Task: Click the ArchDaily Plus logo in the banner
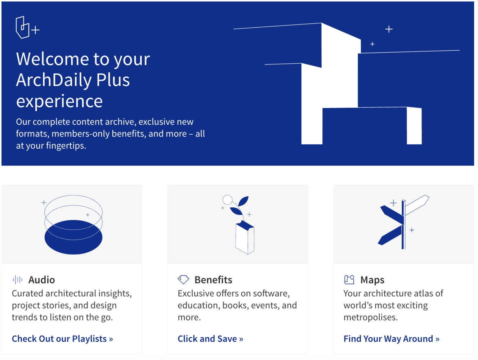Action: pos(27,27)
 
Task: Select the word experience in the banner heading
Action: pos(59,101)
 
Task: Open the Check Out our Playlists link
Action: pos(62,339)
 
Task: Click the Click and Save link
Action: pos(210,339)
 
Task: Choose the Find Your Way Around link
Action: pos(391,339)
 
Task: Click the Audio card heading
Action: pos(42,280)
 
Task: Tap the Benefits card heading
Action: pos(213,280)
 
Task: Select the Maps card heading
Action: pos(372,280)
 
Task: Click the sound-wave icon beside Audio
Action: pos(17,280)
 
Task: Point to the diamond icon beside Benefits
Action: pos(183,279)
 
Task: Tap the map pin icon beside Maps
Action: pos(349,279)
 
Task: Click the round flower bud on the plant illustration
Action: pos(227,199)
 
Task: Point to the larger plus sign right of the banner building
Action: pos(389,29)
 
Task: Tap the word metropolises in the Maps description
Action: pos(371,318)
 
